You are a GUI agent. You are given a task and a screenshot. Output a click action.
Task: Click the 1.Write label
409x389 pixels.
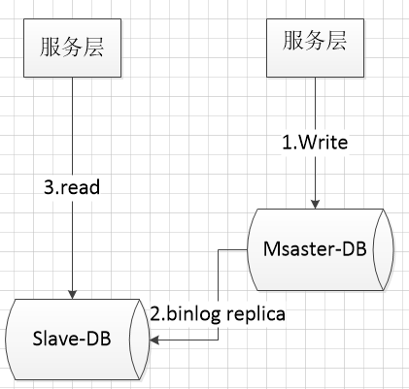tap(315, 143)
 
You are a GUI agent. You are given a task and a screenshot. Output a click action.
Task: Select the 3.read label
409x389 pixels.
tap(72, 187)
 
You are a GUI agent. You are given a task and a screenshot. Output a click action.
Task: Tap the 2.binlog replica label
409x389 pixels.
tap(218, 314)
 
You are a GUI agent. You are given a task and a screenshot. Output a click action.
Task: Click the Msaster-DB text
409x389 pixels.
tap(315, 249)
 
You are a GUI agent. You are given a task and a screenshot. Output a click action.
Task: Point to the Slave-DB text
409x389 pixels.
tap(72, 339)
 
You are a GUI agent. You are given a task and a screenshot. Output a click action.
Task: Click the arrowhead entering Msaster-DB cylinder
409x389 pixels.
tap(315, 205)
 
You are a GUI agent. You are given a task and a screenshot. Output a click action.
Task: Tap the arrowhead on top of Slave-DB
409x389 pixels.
tap(72, 294)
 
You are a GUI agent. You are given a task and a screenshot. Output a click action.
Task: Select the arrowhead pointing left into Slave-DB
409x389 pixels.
tap(154, 340)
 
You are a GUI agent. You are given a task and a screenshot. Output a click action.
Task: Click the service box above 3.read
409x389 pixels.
tap(72, 48)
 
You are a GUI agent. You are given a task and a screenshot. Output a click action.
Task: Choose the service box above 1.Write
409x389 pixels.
tap(315, 48)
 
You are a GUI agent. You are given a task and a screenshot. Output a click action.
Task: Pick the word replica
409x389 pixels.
tap(256, 314)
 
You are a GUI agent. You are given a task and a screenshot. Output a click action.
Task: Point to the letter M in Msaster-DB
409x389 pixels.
tap(270, 249)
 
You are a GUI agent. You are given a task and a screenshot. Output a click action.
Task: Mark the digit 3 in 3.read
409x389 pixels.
tap(49, 187)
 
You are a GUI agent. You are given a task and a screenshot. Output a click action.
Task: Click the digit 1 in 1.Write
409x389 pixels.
tap(287, 143)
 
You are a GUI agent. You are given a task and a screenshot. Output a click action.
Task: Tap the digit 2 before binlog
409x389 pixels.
tap(155, 313)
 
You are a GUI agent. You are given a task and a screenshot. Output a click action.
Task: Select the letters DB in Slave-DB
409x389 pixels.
tap(100, 339)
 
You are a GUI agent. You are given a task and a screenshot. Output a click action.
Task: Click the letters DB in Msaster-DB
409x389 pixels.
tap(356, 249)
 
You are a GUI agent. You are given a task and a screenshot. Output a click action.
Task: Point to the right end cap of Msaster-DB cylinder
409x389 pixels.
tap(384, 249)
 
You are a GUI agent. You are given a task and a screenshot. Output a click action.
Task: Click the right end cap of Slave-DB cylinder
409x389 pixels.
tap(140, 340)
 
